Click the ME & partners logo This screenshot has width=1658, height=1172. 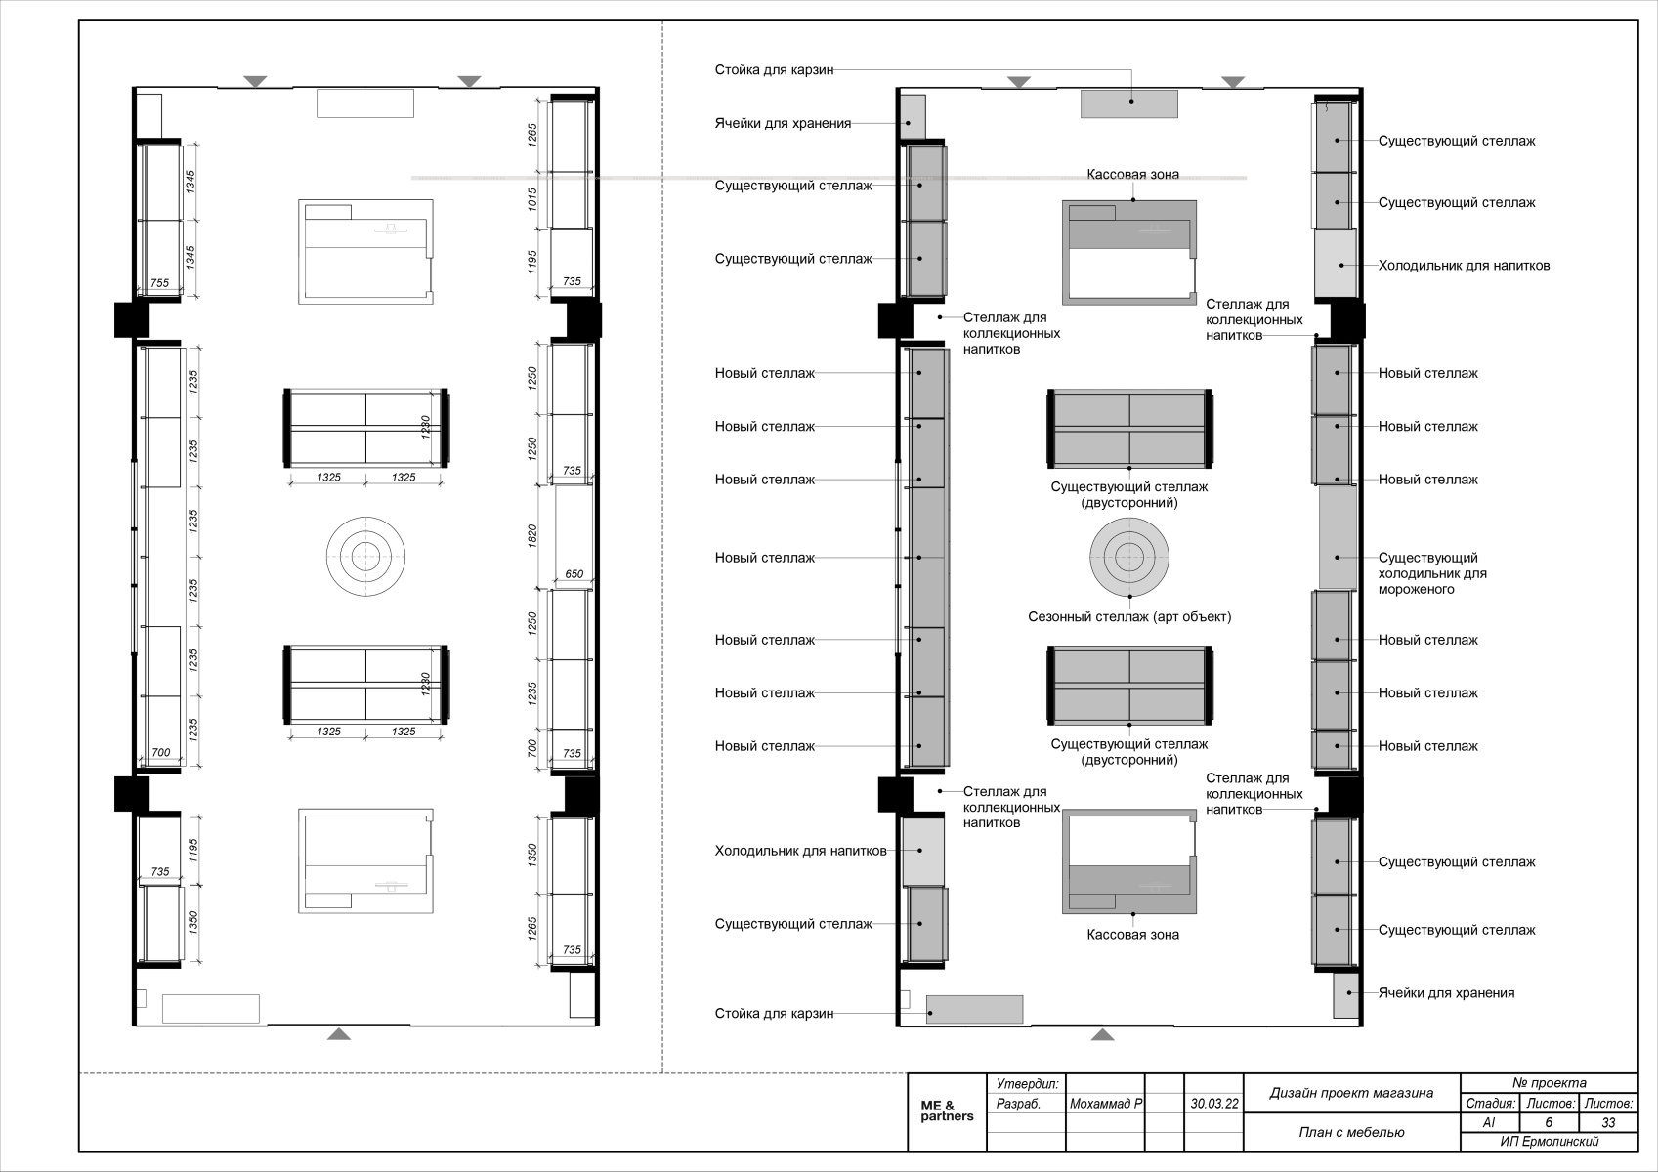point(947,1111)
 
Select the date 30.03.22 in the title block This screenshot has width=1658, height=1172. point(1213,1104)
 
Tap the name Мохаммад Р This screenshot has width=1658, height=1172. point(1106,1104)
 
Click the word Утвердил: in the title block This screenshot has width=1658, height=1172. point(1028,1084)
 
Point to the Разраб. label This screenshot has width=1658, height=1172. point(1018,1104)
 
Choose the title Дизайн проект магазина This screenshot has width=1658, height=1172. point(1351,1093)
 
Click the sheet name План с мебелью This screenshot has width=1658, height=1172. point(1351,1132)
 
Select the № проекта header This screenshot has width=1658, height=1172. point(1550,1082)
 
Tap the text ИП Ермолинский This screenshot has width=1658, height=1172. point(1550,1142)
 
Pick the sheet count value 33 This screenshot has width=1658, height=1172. point(1608,1122)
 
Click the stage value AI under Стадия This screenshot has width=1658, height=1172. point(1489,1122)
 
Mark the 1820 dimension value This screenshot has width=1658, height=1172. point(532,535)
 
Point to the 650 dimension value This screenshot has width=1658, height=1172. point(574,574)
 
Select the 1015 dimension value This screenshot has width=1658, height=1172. point(532,199)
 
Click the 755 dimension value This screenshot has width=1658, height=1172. point(160,282)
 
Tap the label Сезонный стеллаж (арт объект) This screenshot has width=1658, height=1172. point(1129,616)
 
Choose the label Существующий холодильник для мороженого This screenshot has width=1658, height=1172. point(1432,573)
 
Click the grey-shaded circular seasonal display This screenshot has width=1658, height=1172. point(1129,557)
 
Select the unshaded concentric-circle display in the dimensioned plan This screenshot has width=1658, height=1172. point(365,557)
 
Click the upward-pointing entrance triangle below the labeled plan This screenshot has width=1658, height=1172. point(1103,1034)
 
